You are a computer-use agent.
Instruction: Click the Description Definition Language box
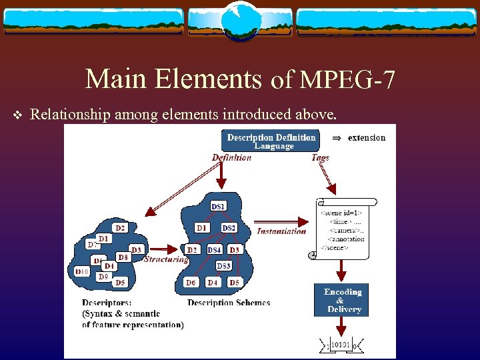click(271, 141)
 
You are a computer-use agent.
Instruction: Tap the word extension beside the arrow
click(366, 138)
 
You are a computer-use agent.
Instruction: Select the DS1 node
click(218, 207)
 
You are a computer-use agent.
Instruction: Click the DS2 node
click(229, 228)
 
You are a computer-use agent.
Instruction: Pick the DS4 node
click(214, 250)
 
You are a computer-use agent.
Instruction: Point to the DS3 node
click(223, 266)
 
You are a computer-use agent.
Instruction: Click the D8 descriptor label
click(123, 257)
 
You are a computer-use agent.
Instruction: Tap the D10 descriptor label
click(82, 272)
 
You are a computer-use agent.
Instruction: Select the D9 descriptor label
click(103, 277)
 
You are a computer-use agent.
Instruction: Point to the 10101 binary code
click(341, 345)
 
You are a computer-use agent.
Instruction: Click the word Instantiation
click(281, 231)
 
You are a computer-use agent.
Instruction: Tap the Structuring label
click(165, 259)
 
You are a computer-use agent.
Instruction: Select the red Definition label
click(231, 158)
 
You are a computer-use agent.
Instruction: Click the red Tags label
click(320, 158)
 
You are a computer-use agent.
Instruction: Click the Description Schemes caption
click(229, 303)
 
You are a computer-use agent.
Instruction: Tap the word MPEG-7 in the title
click(347, 81)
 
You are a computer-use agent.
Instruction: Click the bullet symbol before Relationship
click(17, 116)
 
